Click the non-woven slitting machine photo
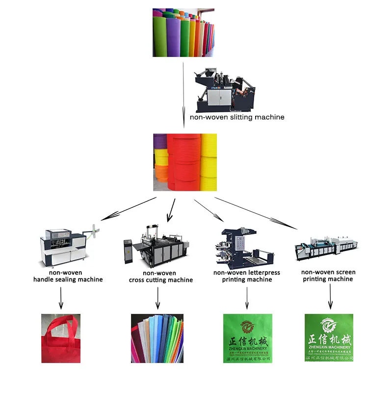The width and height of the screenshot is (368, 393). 226,88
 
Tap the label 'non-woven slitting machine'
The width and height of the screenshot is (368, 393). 237,117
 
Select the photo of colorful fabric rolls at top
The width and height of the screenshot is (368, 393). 183,32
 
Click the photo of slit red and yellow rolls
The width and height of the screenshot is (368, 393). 185,163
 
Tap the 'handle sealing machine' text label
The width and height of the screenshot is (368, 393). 68,280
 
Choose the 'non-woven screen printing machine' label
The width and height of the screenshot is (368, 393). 328,276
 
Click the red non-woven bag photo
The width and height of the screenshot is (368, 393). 61,338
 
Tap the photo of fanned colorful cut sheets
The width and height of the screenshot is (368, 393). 157,338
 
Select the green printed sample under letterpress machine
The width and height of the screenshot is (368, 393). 247,338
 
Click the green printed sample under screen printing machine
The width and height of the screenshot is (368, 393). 329,338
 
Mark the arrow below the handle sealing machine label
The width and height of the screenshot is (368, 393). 61,298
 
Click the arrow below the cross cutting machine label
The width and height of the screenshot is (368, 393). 158,298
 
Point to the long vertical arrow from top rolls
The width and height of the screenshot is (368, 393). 184,93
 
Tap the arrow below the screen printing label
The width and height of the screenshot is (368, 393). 330,297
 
